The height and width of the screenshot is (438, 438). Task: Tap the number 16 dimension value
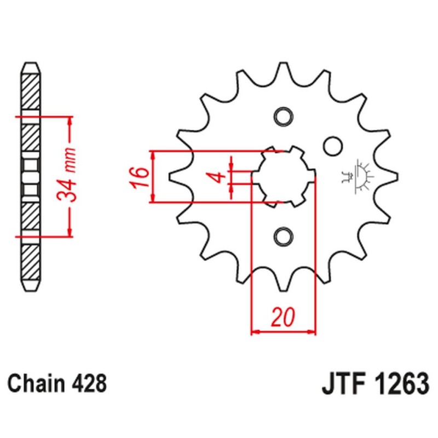140,176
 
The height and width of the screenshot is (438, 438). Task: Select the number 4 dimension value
217,176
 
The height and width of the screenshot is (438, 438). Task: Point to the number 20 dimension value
284,317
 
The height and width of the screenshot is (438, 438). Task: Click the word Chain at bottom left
38,383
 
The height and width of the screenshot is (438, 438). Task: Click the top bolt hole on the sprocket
283,117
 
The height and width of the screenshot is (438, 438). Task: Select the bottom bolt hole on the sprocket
283,235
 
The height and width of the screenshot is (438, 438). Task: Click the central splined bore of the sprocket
283,176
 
